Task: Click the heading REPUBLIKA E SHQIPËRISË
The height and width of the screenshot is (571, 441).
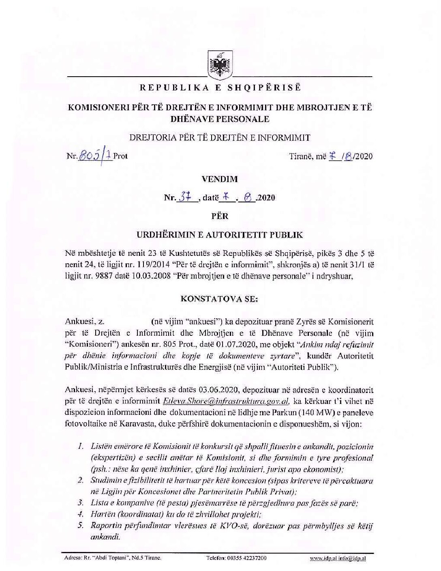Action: pos(221,88)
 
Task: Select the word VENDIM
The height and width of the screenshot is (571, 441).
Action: pos(220,179)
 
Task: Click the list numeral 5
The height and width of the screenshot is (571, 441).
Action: pos(81,526)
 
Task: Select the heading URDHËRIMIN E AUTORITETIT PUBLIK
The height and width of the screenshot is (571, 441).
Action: pos(220,235)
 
